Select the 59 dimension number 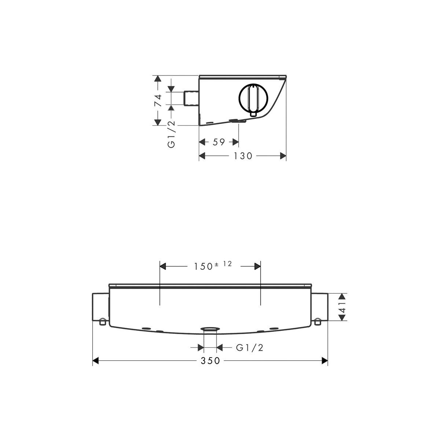pos(219,142)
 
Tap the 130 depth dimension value pos(243,156)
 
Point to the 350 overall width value pos(210,360)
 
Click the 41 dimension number pos(342,307)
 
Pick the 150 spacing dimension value pos(203,267)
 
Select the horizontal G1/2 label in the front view pos(250,348)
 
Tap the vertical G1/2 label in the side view pos(172,134)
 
